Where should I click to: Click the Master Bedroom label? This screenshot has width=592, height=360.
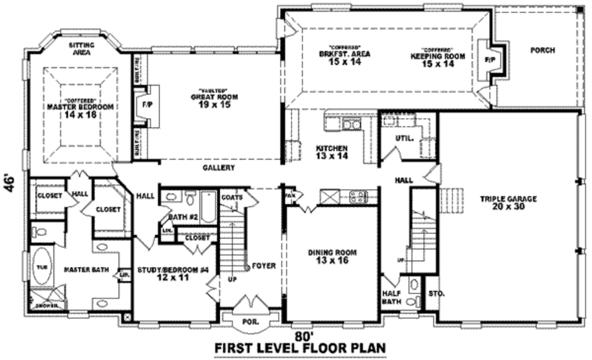pos(80,107)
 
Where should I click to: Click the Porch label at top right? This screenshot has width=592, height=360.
pos(542,51)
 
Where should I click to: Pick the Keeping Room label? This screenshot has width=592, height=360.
pos(432,57)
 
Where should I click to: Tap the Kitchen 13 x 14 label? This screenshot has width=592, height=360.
pos(331,152)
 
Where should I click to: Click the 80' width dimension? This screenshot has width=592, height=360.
pos(304,336)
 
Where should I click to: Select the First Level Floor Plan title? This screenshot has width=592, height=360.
pos(300,349)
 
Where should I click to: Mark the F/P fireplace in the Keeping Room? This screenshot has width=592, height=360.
pos(489,59)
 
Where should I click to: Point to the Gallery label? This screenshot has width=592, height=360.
pos(219,168)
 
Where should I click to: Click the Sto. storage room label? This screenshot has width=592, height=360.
pos(436,294)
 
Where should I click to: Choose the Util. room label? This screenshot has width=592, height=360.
pos(403,139)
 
